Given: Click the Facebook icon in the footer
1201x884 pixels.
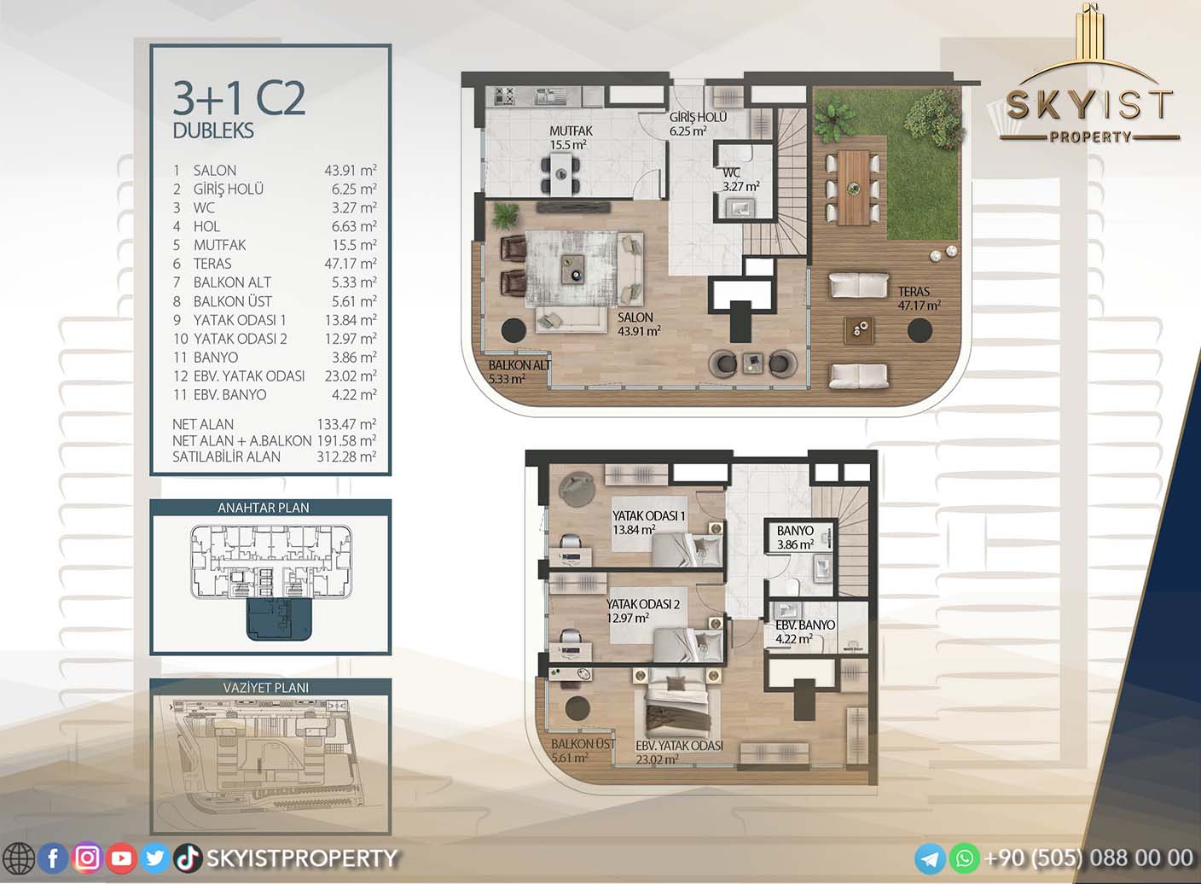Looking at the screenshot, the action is click(53, 858).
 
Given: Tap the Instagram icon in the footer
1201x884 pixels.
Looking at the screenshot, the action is click(87, 858).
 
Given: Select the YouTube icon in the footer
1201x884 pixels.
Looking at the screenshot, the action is click(121, 858).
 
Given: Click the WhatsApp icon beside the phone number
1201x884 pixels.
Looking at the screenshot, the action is click(965, 858).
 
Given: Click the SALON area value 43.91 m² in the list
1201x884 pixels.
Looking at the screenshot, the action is click(350, 170).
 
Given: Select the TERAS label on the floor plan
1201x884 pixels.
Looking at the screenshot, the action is click(914, 291).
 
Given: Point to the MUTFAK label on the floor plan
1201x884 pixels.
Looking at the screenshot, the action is click(571, 131).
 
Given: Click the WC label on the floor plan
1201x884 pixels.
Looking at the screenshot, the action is click(731, 172).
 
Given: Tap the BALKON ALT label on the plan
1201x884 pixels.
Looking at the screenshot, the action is click(519, 365).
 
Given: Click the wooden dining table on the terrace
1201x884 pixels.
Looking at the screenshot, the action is click(853, 187).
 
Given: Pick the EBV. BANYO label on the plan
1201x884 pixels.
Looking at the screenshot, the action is click(804, 625).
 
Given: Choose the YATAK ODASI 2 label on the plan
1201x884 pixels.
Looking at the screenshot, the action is click(643, 604).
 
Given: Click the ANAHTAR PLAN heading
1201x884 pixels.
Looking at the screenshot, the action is click(264, 507).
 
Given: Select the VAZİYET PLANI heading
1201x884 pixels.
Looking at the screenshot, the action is click(265, 687).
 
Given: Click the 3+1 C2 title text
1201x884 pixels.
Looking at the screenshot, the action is click(239, 99).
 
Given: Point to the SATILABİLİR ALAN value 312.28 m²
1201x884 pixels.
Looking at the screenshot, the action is click(346, 457).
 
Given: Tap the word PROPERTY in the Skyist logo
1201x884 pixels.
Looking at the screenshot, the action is click(1090, 137).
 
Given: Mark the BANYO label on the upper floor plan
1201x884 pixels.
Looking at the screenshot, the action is click(795, 531).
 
